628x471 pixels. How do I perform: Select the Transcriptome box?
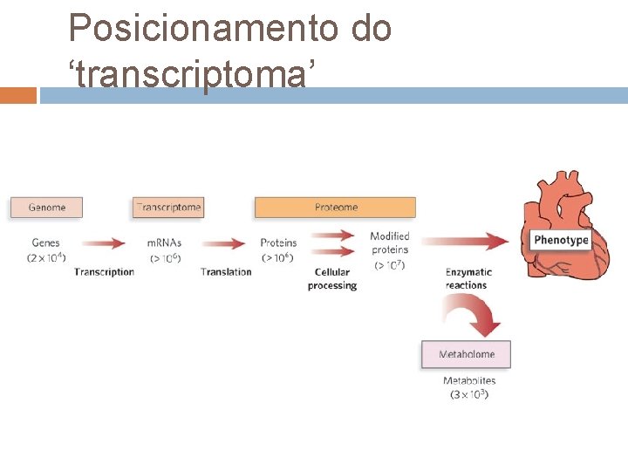(168, 208)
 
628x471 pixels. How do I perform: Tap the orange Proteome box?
(335, 208)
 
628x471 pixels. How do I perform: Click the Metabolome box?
(466, 354)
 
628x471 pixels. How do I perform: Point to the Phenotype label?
(561, 240)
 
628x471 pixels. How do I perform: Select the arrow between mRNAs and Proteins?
(224, 242)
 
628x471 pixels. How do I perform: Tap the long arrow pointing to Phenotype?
(466, 241)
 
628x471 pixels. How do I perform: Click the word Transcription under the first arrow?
(105, 272)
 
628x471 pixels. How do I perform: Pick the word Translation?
(226, 272)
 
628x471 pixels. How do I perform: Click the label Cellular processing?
(332, 279)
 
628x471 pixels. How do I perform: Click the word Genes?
(45, 242)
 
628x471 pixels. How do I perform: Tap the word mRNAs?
(164, 242)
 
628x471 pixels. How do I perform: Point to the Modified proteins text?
(389, 243)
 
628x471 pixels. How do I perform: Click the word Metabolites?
(469, 381)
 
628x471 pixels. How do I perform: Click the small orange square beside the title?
(18, 95)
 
